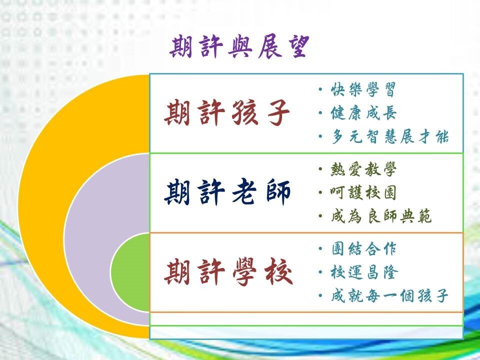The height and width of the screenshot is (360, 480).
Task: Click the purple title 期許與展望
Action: click(x=239, y=47)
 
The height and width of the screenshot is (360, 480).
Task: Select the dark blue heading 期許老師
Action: click(x=227, y=192)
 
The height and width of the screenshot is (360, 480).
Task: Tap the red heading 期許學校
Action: click(x=228, y=272)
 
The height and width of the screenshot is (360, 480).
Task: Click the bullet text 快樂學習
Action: click(x=363, y=89)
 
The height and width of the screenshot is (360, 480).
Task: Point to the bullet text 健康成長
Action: click(x=363, y=113)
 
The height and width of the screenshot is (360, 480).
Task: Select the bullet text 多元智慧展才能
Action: click(x=389, y=136)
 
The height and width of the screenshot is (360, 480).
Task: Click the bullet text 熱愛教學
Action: click(x=363, y=169)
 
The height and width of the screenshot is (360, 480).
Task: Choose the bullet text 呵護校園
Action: click(x=363, y=193)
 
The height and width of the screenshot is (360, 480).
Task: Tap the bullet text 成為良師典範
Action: click(x=381, y=216)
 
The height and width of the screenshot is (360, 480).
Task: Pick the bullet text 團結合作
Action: click(x=364, y=249)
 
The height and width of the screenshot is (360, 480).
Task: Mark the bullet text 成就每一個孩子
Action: click(x=389, y=295)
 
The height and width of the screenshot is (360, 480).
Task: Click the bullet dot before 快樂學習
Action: click(x=320, y=89)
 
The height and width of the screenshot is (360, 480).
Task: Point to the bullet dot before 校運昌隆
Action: click(x=320, y=272)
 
